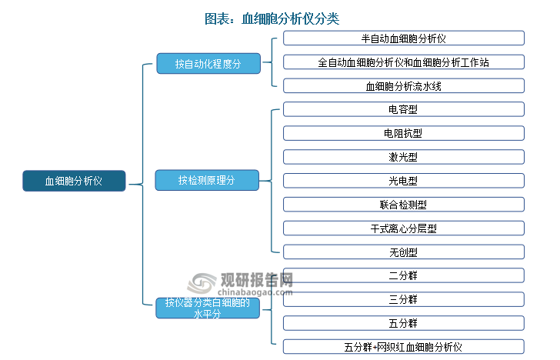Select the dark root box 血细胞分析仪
(74, 181)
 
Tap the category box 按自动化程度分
(208, 64)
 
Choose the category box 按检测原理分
(208, 181)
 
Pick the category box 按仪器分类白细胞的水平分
(208, 308)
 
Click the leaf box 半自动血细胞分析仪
(403, 38)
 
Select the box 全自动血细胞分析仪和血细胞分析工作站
(403, 62)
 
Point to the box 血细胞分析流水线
(403, 86)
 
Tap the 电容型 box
(403, 109)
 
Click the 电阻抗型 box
(403, 133)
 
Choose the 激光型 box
(403, 157)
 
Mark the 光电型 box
(403, 181)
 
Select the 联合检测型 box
(403, 205)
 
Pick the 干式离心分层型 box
(403, 228)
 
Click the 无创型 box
(403, 252)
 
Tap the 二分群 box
(403, 275)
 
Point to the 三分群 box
(403, 299)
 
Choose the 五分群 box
(403, 323)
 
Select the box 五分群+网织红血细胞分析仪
(403, 347)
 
